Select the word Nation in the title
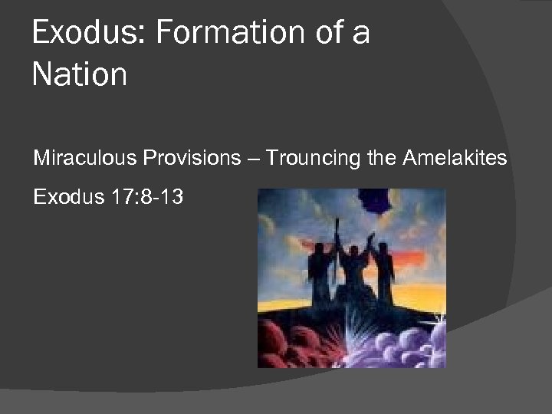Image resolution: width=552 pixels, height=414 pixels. click(80, 74)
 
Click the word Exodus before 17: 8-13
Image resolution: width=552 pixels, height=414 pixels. click(64, 197)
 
